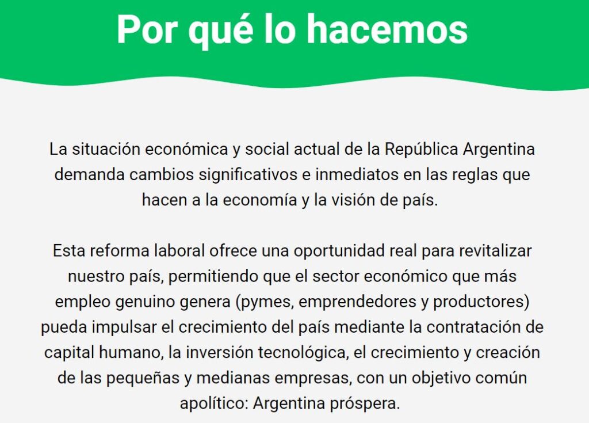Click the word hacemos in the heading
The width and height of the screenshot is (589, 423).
coord(387,30)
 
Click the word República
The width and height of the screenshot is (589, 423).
coord(422,149)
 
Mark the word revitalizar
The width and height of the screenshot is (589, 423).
coord(495,250)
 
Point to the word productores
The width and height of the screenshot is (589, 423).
coord(479,302)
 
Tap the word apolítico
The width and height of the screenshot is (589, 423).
coord(214,403)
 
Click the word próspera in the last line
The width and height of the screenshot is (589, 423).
coord(365,404)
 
